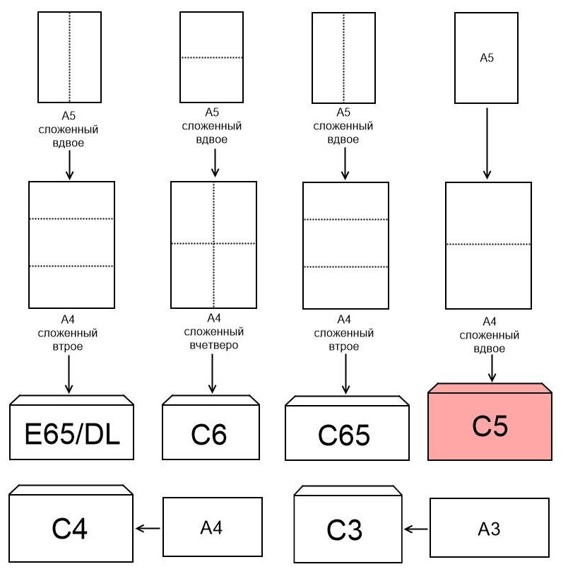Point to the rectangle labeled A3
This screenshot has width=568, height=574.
[x=489, y=528]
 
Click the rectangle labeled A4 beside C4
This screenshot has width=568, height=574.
[x=212, y=527]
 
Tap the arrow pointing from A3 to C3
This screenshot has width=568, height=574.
[x=417, y=528]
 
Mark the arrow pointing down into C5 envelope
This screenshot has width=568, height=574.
[x=492, y=368]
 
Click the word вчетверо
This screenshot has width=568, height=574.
[x=212, y=346]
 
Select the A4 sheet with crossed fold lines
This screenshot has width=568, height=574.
[x=213, y=244]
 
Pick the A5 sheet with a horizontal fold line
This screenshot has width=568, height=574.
[x=211, y=57]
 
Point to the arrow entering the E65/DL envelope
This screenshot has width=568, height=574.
[x=69, y=374]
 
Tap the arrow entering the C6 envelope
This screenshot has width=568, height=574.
[x=212, y=374]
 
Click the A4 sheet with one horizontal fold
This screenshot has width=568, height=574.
[x=487, y=245]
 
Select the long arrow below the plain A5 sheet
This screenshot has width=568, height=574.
[x=486, y=142]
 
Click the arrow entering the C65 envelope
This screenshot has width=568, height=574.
[x=345, y=374]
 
